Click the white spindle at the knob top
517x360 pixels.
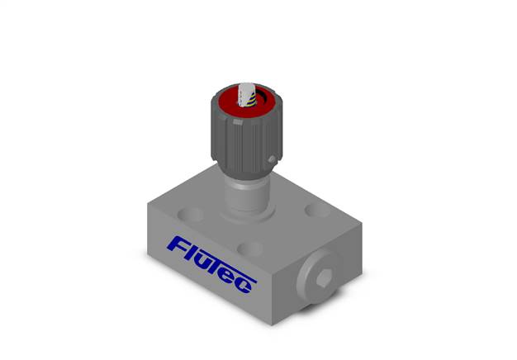pyautogui.click(x=244, y=94)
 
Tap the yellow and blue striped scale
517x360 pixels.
pyautogui.click(x=252, y=100)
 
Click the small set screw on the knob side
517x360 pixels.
pyautogui.click(x=272, y=160)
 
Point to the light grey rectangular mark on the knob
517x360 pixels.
pyautogui.click(x=238, y=122)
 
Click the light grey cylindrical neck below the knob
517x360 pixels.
pyautogui.click(x=247, y=194)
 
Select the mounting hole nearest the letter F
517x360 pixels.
pyautogui.click(x=191, y=215)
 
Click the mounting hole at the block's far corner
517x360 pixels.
pyautogui.click(x=317, y=211)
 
